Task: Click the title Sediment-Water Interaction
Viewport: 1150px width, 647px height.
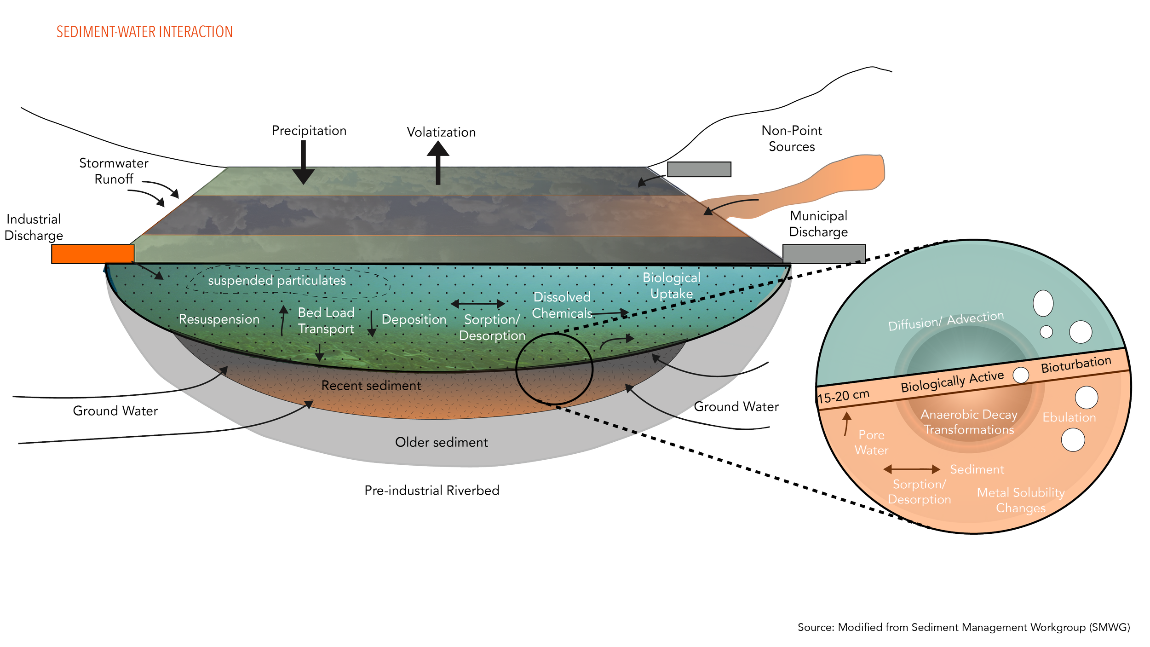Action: click(x=144, y=32)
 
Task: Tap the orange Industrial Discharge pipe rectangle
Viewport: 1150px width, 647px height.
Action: click(x=92, y=254)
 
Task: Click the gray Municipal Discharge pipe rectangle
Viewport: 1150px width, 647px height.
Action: click(x=824, y=254)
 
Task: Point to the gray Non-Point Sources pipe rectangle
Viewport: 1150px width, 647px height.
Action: click(x=699, y=169)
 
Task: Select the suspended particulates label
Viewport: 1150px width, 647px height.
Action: click(x=276, y=280)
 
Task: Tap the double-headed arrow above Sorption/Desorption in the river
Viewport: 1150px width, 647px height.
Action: click(x=477, y=304)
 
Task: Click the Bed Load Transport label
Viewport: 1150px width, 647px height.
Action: click(x=326, y=320)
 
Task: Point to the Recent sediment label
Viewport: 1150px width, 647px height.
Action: click(x=371, y=386)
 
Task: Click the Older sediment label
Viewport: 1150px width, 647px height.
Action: click(x=441, y=442)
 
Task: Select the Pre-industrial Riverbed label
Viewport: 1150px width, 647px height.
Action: click(x=431, y=491)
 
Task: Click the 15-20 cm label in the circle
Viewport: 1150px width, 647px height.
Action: click(x=843, y=396)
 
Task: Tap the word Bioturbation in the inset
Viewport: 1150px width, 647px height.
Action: click(x=1075, y=364)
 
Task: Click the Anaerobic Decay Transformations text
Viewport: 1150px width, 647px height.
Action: click(x=969, y=422)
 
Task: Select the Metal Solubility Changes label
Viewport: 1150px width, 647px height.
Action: click(x=1020, y=500)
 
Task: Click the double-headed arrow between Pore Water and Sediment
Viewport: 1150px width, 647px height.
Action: click(x=911, y=469)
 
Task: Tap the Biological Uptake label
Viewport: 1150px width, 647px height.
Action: click(x=671, y=286)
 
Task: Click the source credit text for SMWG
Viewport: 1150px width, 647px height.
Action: click(x=963, y=627)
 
